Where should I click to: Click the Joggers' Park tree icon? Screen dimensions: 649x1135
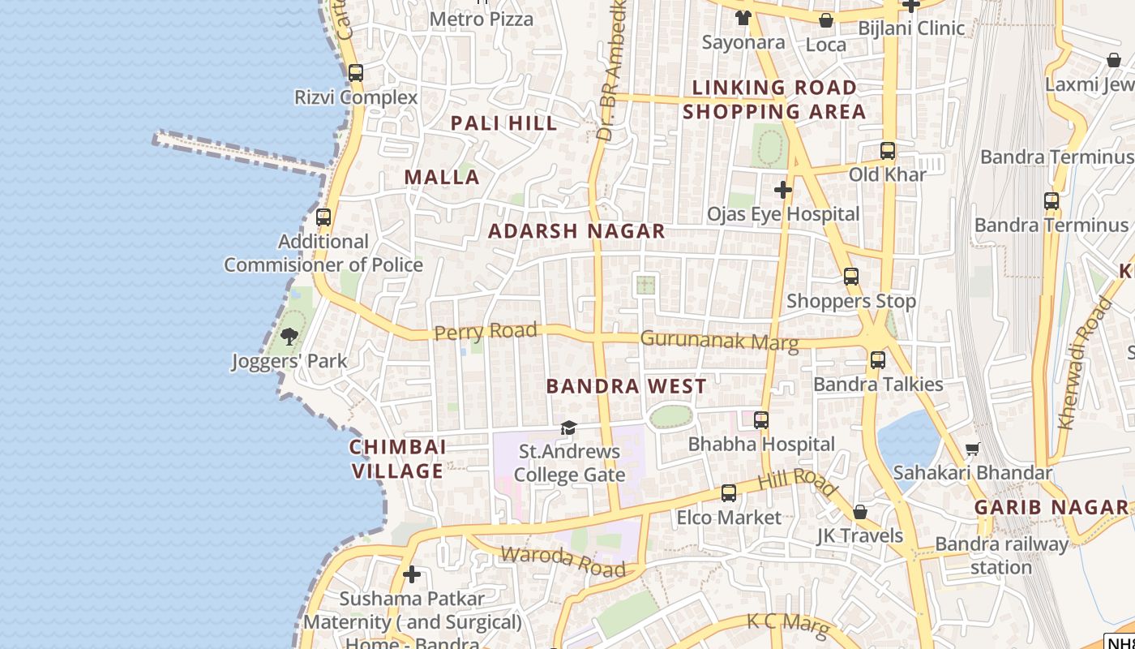pos(289,336)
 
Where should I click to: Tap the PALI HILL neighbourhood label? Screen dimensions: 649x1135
pos(503,123)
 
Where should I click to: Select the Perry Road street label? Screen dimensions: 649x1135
pos(486,331)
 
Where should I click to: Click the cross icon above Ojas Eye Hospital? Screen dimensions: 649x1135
pos(782,190)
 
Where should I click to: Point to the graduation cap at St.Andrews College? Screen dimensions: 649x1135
pos(569,428)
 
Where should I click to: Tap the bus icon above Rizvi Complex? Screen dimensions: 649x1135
pos(356,72)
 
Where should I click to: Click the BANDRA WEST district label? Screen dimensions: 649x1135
pos(626,386)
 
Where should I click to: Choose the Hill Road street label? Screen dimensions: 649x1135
pos(796,481)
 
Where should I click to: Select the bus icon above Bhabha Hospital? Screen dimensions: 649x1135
pos(761,420)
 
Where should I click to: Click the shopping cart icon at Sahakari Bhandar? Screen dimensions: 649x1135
pos(972,449)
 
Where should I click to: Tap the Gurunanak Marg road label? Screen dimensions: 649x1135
pos(719,340)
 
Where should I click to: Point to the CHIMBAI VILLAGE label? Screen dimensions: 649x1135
pos(397,458)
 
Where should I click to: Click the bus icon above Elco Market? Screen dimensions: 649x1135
pos(729,493)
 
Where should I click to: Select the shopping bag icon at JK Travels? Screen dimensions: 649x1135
pos(860,512)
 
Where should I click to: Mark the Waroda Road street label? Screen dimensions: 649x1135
pos(563,561)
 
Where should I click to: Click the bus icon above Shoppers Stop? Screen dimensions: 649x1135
pos(851,277)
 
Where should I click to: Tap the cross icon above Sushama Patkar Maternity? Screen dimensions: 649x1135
pos(412,574)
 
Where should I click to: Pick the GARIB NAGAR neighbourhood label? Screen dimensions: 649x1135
pos(1051,508)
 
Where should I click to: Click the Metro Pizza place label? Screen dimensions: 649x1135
pos(482,19)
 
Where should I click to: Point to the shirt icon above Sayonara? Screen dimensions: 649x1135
pos(743,18)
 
